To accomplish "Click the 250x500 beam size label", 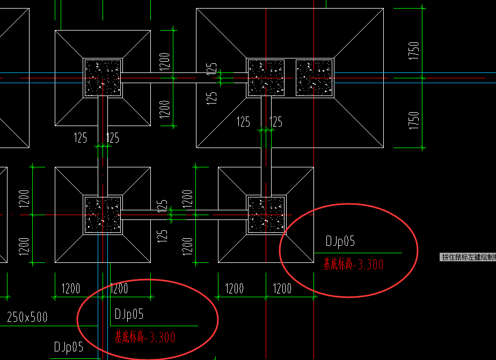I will click(27, 317).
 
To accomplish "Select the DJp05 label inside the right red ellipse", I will click(340, 241).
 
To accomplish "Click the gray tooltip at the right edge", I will click(468, 257).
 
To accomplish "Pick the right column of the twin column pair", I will click(315, 78).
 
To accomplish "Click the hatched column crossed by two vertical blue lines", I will click(103, 215).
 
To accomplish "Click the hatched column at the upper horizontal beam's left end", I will click(103, 78).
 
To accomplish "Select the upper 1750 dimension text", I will click(413, 50).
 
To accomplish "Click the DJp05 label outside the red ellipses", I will click(68, 347).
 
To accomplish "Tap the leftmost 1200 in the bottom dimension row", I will click(71, 289).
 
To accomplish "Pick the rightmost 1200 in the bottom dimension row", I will click(282, 289).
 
